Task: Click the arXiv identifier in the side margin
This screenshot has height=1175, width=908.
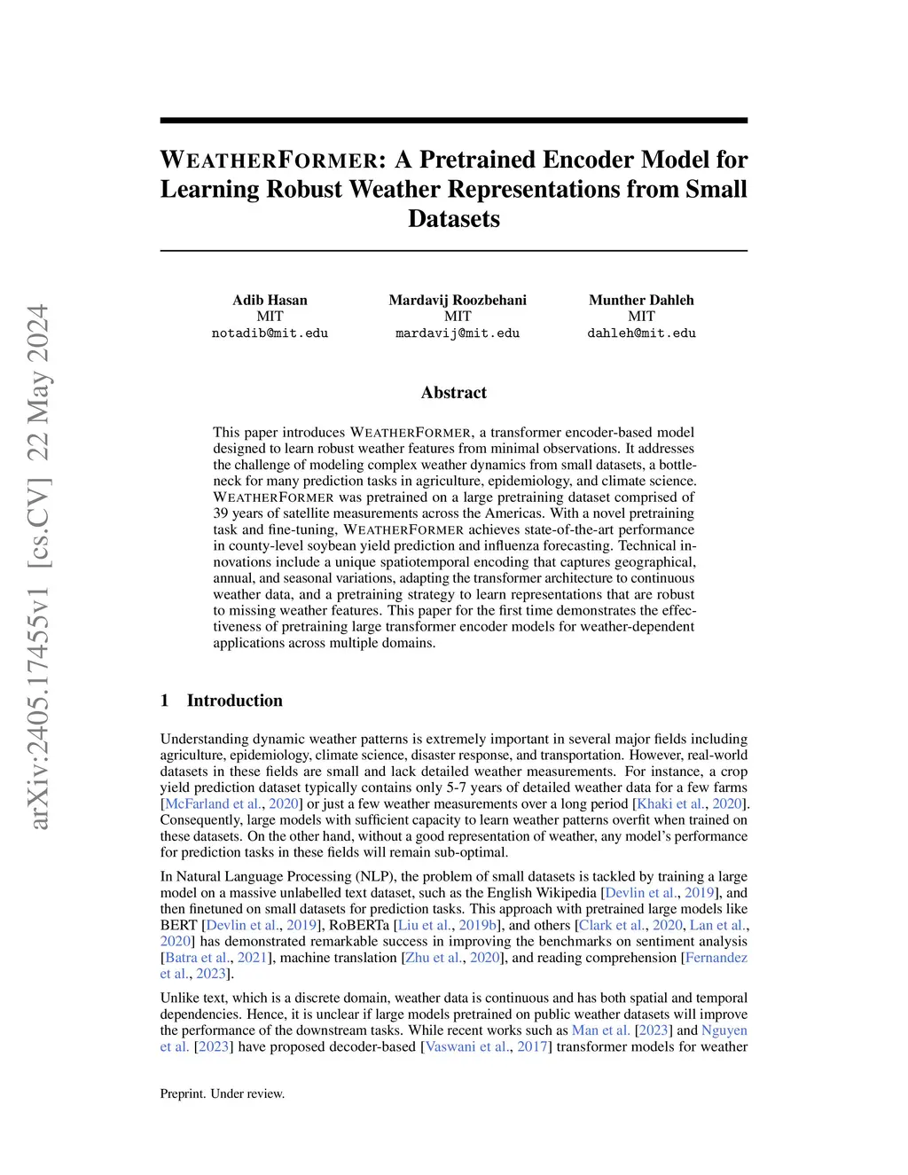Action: (x=39, y=568)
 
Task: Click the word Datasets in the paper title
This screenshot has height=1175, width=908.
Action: (x=453, y=219)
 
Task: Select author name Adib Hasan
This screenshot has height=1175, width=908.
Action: (x=270, y=300)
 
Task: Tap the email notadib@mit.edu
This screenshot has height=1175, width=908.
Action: (x=270, y=333)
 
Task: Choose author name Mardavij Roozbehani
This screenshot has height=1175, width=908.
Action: (x=458, y=300)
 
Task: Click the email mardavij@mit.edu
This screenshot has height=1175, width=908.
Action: (x=458, y=333)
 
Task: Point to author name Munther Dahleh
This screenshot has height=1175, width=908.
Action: (x=641, y=300)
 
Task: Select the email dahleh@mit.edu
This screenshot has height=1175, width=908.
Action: (x=641, y=333)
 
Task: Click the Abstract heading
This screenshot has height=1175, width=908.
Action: (x=453, y=393)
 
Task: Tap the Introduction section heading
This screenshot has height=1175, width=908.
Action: (x=234, y=701)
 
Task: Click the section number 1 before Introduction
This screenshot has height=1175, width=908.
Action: (x=165, y=701)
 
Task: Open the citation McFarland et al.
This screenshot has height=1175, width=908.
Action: (x=209, y=803)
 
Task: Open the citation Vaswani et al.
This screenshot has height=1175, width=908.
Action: (x=467, y=1046)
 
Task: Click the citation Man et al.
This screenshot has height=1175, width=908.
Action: (x=600, y=1030)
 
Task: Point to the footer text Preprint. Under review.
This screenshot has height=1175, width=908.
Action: (x=223, y=1094)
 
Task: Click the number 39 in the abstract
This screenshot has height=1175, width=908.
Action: (x=221, y=513)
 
